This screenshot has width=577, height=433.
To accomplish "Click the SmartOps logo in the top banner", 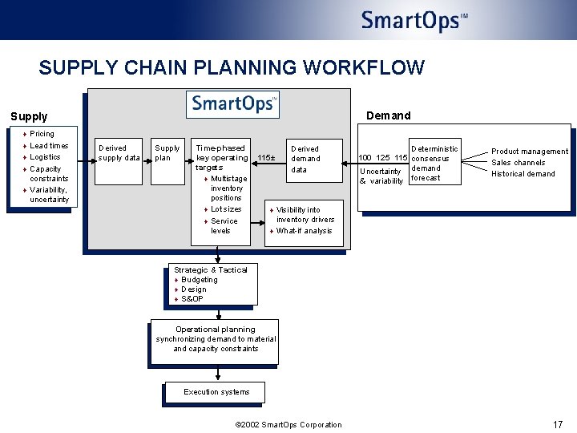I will [x=414, y=21].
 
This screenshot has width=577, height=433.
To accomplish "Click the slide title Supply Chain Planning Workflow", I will [x=232, y=67].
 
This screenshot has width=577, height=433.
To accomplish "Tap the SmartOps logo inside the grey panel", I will [x=232, y=104].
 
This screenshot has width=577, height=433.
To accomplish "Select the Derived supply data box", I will [x=119, y=152].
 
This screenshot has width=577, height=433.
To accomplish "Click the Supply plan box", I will [x=167, y=152].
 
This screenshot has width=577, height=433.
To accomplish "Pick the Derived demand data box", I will [x=305, y=159].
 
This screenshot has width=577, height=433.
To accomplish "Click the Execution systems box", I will [x=216, y=392].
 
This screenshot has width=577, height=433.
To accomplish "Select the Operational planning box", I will [x=216, y=339].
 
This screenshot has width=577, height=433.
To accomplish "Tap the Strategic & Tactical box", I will [x=211, y=285].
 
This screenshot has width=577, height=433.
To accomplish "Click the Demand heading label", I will [x=388, y=115].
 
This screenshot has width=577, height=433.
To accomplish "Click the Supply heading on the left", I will [x=29, y=116].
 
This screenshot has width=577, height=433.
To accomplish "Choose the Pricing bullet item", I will [x=42, y=134].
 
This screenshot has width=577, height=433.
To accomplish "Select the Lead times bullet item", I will [x=49, y=146].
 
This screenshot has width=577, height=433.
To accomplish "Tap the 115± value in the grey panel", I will [x=266, y=159].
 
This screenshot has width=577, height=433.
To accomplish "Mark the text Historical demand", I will [x=523, y=174].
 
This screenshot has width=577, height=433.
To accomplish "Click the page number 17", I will [x=558, y=424].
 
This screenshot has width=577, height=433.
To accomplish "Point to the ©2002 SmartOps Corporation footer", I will [x=287, y=425].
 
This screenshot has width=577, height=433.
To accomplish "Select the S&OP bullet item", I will [x=192, y=299].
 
